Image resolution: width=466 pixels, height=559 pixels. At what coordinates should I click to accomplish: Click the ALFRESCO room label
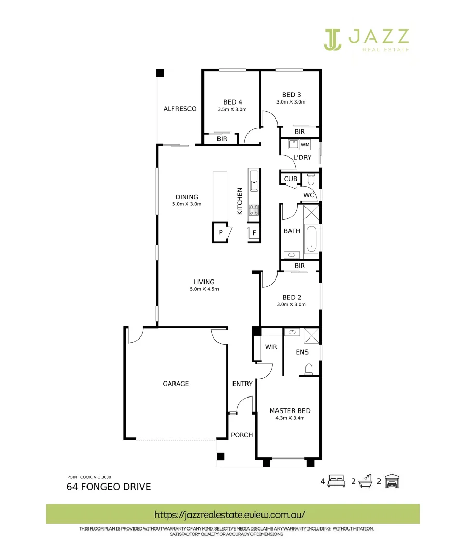(x=180, y=109)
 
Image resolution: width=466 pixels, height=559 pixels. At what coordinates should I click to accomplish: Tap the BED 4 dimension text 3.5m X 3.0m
(x=232, y=110)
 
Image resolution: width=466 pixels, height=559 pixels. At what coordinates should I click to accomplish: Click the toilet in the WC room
(x=311, y=180)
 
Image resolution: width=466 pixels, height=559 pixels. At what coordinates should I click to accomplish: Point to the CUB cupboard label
(x=290, y=179)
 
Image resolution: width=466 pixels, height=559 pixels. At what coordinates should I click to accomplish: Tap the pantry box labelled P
(x=221, y=233)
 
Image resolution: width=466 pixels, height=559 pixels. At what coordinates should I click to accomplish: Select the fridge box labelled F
(x=254, y=233)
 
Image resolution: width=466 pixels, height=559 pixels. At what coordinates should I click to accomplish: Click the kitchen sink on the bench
(x=254, y=185)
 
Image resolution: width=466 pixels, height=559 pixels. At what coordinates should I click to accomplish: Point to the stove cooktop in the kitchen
(x=254, y=210)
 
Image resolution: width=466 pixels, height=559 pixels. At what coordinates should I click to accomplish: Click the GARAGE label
(x=176, y=384)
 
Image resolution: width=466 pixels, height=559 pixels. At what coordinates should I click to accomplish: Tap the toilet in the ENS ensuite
(x=309, y=369)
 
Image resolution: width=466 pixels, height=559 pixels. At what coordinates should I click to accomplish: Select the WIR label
(x=271, y=347)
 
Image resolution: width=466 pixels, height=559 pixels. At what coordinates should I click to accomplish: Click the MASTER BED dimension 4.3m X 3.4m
(x=290, y=418)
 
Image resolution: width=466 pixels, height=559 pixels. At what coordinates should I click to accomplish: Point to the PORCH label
(x=242, y=435)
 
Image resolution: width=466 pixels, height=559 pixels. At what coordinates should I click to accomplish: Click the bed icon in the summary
(x=337, y=481)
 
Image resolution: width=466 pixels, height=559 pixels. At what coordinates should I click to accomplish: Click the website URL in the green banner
(x=230, y=514)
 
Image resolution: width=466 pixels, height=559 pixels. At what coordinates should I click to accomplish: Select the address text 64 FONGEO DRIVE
(x=109, y=487)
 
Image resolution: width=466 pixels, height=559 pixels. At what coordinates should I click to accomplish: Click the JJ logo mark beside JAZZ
(x=333, y=39)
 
